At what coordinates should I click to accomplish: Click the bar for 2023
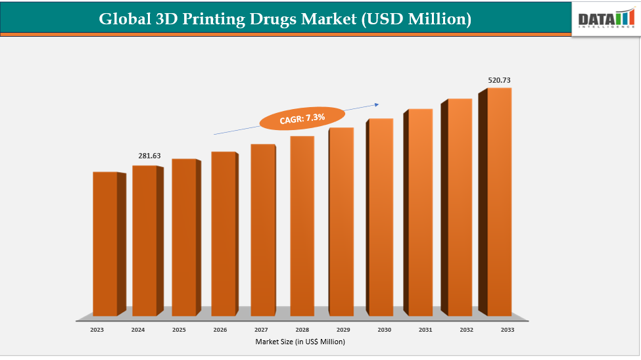tap(105, 243)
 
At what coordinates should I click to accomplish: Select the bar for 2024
tap(145, 240)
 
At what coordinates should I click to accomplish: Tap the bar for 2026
tap(223, 233)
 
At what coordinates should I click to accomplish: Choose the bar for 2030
tap(380, 217)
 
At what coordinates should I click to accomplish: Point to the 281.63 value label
tap(149, 156)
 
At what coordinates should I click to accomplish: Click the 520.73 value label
tap(499, 80)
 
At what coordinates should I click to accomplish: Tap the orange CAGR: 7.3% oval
tap(302, 118)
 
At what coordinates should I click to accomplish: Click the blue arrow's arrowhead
tap(377, 103)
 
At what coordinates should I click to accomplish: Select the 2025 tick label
tap(179, 330)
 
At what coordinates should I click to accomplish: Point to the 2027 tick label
tap(261, 330)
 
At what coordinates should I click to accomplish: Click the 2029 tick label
tap(343, 330)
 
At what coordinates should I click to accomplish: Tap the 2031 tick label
tap(425, 330)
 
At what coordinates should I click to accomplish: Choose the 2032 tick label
tap(465, 330)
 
